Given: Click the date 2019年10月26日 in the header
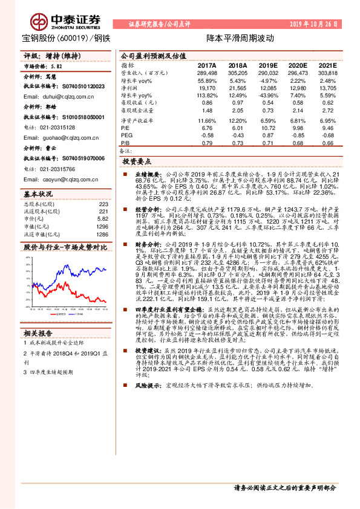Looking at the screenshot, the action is point(320,24).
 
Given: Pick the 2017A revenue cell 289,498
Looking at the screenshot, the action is point(207,73).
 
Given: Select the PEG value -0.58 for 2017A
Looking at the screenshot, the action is point(208,135).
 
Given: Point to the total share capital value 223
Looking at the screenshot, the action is point(103,204).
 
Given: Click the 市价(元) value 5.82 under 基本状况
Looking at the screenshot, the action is point(102,218).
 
